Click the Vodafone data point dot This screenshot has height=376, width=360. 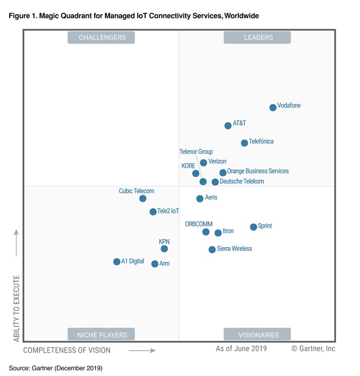coord(273,107)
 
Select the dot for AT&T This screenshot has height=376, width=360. coord(228,125)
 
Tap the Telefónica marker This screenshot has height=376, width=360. coord(244,143)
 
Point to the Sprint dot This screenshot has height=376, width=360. coord(254,227)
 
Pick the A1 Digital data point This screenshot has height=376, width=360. coord(117,262)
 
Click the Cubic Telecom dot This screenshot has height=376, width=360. coord(143,198)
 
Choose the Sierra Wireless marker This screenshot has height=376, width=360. coord(212,250)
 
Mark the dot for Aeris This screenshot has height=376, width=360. coord(200,198)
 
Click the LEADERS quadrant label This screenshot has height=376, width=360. coord(257,38)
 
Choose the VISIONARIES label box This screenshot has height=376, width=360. coord(257,334)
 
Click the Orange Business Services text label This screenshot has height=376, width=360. coord(258,172)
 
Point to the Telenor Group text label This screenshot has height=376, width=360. coord(196,152)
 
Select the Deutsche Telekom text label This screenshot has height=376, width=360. coord(242,182)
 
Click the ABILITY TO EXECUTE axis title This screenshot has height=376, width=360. coord(17,308)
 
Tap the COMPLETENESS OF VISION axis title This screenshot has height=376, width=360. coord(67,350)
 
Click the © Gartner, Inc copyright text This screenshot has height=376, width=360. coord(313,349)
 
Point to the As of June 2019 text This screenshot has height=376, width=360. coord(241,349)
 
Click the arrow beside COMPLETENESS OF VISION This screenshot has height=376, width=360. coord(141,350)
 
